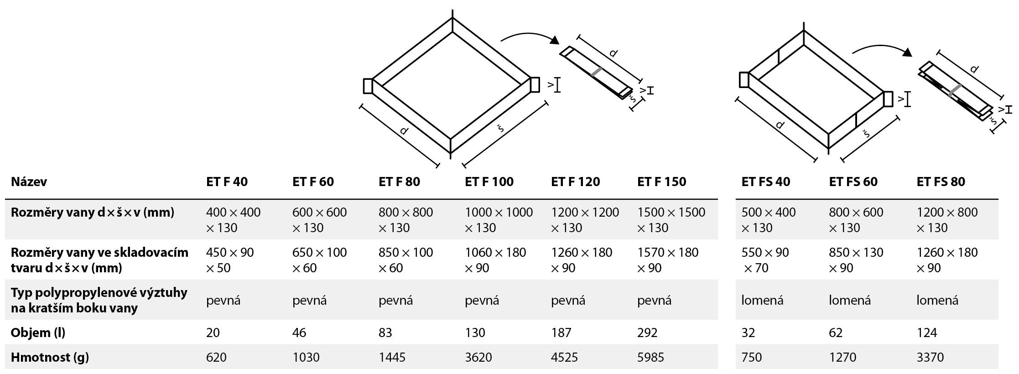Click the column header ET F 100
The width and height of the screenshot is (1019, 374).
pyautogui.click(x=489, y=182)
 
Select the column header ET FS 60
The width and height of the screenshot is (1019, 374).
pyautogui.click(x=853, y=182)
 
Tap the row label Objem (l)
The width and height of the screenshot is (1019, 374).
pyautogui.click(x=38, y=332)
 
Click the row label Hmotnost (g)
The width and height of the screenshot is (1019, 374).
pyautogui.click(x=50, y=357)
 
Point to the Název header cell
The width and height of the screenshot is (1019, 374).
pyautogui.click(x=29, y=182)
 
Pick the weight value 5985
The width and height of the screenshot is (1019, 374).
pyautogui.click(x=651, y=357)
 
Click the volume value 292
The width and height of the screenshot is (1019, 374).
pyautogui.click(x=647, y=332)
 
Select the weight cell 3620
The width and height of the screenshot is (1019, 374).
pyautogui.click(x=478, y=357)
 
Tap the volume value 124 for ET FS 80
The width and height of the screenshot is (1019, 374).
pyautogui.click(x=926, y=332)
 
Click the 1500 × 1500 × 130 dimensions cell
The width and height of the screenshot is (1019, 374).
pyautogui.click(x=671, y=220)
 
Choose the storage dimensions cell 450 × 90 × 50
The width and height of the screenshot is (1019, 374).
pyautogui.click(x=230, y=260)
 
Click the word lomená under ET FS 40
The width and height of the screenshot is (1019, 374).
pyautogui.click(x=762, y=300)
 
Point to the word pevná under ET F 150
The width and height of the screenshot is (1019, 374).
pyautogui.click(x=655, y=300)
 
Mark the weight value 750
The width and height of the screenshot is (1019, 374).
pyautogui.click(x=752, y=357)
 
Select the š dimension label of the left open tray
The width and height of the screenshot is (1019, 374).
pyautogui.click(x=500, y=129)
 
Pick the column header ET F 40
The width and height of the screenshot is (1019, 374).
pyautogui.click(x=227, y=182)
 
